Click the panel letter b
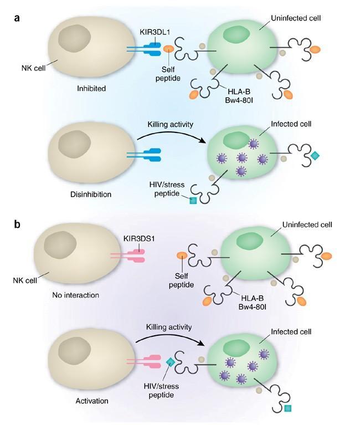(18, 225)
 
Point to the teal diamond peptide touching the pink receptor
(171, 362)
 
